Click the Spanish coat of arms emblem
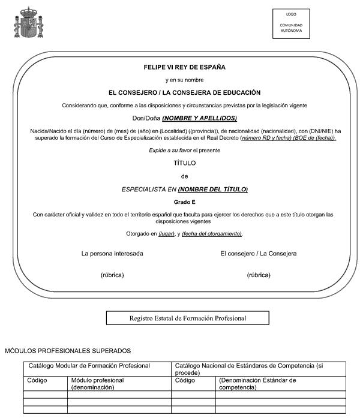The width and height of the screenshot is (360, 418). (25, 22)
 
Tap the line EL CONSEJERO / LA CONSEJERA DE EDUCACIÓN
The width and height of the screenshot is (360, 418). (184, 92)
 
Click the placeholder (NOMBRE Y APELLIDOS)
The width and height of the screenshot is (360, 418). (200, 118)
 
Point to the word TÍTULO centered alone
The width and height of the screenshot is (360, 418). (184, 163)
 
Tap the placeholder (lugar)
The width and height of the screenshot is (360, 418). (166, 233)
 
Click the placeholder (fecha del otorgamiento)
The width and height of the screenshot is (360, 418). (212, 233)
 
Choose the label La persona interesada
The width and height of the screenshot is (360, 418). (112, 254)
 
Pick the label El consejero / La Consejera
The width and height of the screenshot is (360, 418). (258, 254)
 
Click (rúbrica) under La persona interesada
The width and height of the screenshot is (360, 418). (112, 275)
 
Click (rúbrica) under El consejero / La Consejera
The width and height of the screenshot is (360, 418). (259, 275)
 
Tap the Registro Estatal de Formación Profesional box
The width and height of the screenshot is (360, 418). (187, 318)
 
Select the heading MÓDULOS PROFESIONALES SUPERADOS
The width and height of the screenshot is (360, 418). (68, 350)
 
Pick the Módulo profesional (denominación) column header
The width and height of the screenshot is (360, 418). (97, 384)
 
